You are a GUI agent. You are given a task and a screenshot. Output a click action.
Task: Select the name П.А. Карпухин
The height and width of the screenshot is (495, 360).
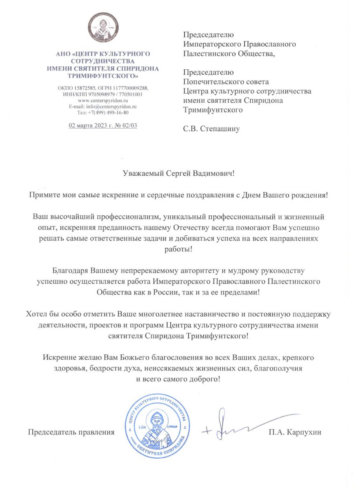pos(294,432)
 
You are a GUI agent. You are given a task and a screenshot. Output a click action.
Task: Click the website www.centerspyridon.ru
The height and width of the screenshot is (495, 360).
pos(103,100)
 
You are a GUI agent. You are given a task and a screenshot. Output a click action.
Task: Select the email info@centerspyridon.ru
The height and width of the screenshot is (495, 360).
pos(111,106)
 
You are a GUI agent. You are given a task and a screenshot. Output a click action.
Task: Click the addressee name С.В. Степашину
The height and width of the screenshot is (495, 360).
pos(211,129)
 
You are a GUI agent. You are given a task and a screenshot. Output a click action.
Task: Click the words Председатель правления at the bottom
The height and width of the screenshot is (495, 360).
pos(71,432)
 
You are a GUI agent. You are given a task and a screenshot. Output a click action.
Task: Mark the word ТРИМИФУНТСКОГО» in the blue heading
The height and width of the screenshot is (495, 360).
pos(103,76)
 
